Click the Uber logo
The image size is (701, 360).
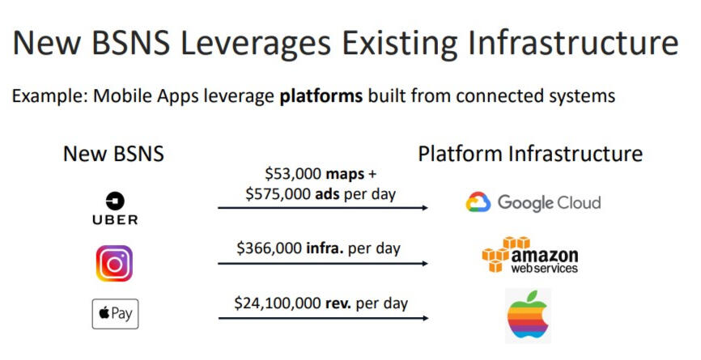[115, 208]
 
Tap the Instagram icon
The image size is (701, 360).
[114, 264]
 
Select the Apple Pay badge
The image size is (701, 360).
[115, 314]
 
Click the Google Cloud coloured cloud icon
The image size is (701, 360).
[478, 202]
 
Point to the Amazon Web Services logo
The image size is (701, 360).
[529, 255]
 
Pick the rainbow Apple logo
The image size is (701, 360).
[528, 316]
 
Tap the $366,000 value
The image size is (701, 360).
[269, 248]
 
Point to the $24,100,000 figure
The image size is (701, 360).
[278, 303]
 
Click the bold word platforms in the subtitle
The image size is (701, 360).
[321, 96]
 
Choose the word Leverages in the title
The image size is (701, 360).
[255, 44]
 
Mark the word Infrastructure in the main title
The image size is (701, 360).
[573, 43]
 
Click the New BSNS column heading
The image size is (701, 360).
[113, 154]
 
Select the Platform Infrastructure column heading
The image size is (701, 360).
[530, 154]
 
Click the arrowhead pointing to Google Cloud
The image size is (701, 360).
[425, 208]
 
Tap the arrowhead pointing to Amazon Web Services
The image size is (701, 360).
[425, 264]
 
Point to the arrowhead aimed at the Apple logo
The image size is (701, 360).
[425, 318]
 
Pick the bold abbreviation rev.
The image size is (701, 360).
[338, 303]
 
